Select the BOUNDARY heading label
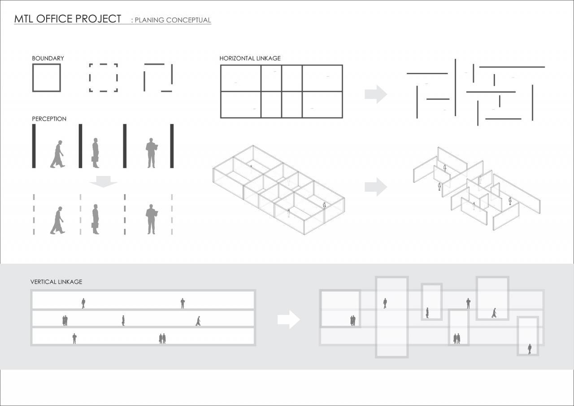coord(48,58)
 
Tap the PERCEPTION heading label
coord(49,119)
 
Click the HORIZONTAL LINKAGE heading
coord(250,58)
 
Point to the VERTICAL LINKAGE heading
coord(56,282)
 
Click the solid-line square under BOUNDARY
coord(46,78)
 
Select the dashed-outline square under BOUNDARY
coord(103,78)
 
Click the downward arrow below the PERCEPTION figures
coord(103,181)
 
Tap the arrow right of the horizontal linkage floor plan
coord(375,94)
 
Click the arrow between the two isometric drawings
coord(375,187)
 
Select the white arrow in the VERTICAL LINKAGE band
coord(288,319)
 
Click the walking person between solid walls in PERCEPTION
coord(57,154)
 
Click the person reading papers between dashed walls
coord(152,219)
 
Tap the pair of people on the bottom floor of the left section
coord(162,339)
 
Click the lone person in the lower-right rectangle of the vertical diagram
coord(530,349)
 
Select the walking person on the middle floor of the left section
coord(198,321)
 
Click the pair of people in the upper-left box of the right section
coord(352,320)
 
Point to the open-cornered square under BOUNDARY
coord(158,78)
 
